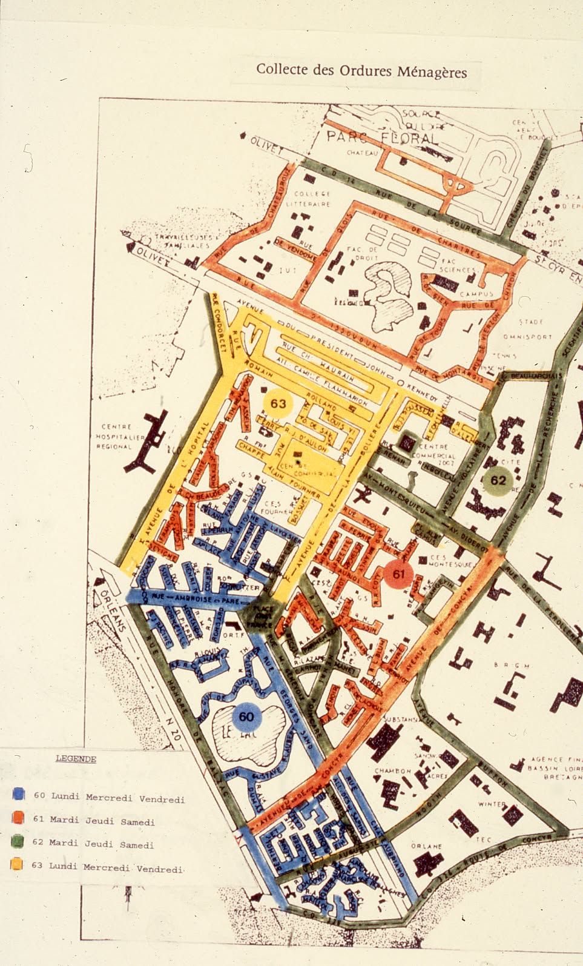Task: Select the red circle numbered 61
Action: click(398, 574)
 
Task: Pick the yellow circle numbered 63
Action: click(278, 403)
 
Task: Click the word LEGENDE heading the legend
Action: click(76, 758)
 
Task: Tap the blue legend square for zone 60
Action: click(18, 794)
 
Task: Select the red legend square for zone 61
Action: click(18, 817)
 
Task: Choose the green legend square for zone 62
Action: click(18, 841)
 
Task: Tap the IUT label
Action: click(285, 272)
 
